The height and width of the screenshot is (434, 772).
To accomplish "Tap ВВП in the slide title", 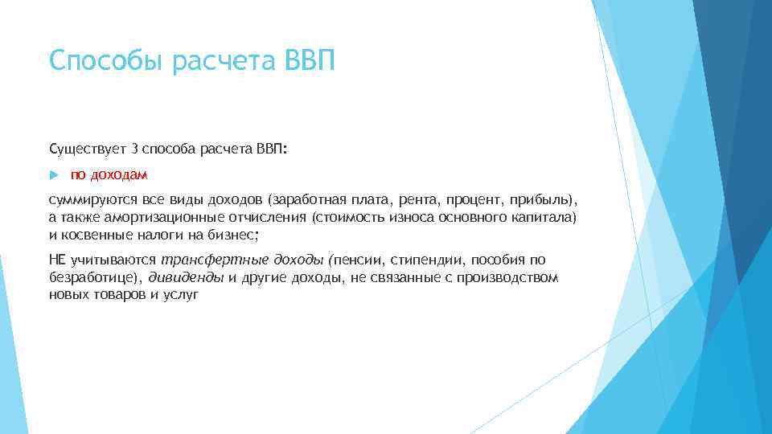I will pyautogui.click(x=309, y=61).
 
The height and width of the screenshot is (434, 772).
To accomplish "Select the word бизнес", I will pyautogui.click(x=232, y=235).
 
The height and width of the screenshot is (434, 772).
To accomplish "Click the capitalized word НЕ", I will pyautogui.click(x=58, y=259).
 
